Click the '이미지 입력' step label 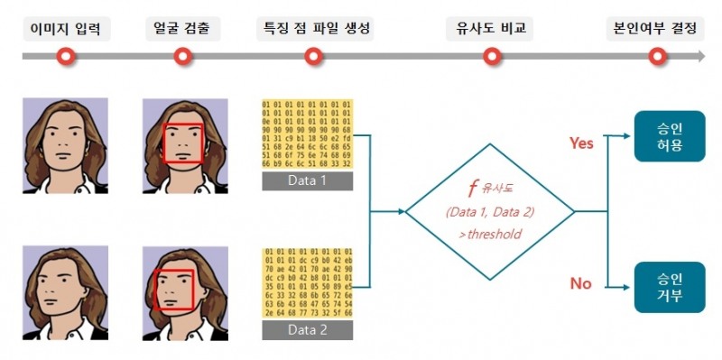tap(66, 29)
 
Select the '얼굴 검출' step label tap(181, 29)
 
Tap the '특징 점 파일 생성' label tap(313, 29)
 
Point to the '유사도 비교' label tap(490, 29)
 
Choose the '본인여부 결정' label tap(653, 29)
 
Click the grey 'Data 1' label tap(307, 182)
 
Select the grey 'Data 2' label tap(307, 330)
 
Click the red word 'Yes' tap(581, 143)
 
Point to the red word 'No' tap(580, 283)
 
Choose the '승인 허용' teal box tap(670, 136)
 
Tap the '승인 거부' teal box tap(670, 288)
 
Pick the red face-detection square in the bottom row tap(175, 290)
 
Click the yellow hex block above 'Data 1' tap(307, 134)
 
